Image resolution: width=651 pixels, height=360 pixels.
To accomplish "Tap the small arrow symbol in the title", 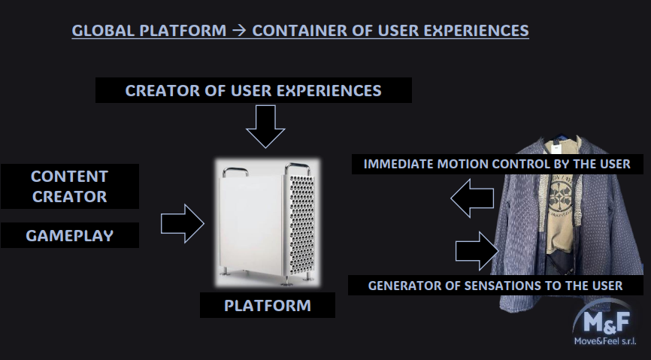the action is click(239, 31).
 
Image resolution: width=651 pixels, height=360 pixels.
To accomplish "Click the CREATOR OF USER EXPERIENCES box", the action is click(253, 90).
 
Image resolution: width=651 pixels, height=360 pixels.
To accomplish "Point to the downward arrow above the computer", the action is click(265, 126).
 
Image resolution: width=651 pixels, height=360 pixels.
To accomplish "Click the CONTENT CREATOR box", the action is click(70, 186).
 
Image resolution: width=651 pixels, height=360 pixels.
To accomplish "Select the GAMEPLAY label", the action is click(70, 235).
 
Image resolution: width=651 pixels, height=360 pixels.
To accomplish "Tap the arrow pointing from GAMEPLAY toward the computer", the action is click(182, 223).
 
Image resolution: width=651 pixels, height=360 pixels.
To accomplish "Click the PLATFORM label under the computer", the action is click(268, 305).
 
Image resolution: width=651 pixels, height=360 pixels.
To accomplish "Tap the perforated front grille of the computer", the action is click(301, 224).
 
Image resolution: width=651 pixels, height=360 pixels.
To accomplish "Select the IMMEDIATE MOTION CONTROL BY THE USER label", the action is click(498, 164).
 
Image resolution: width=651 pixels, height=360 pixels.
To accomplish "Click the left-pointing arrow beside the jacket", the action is click(472, 198).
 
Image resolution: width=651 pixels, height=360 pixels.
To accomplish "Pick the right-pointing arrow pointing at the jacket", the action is click(477, 251).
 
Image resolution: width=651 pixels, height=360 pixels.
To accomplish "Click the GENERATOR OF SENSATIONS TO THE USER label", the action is click(495, 286).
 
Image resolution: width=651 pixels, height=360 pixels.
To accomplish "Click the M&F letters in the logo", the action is click(607, 322).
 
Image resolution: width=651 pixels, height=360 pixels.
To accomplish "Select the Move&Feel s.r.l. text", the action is click(605, 341).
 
